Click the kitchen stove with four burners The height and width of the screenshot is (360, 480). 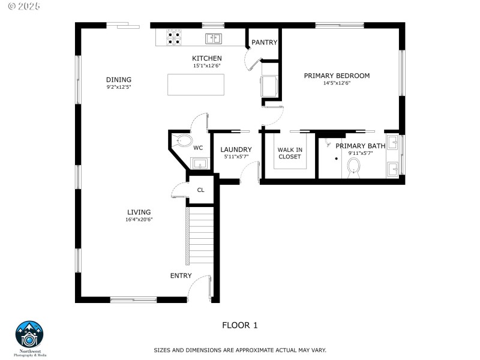pyautogui.click(x=175, y=38)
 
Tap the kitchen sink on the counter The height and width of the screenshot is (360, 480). pyautogui.click(x=213, y=39)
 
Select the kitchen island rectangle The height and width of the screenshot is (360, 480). pyautogui.click(x=196, y=85)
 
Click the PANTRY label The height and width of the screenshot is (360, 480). pyautogui.click(x=264, y=43)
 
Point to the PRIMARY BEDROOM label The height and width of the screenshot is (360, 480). pyautogui.click(x=337, y=76)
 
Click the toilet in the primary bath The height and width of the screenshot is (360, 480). pyautogui.click(x=353, y=166)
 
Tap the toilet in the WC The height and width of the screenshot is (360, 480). pyautogui.click(x=184, y=142)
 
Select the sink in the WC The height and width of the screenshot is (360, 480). pyautogui.click(x=199, y=163)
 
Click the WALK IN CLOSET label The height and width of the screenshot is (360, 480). pyautogui.click(x=290, y=153)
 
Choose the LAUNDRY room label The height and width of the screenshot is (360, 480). pyautogui.click(x=236, y=149)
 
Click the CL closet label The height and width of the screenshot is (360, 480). pyautogui.click(x=200, y=190)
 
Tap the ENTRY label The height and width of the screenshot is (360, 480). pyautogui.click(x=181, y=276)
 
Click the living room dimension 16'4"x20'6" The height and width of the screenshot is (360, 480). pyautogui.click(x=139, y=220)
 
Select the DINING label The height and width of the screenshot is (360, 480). pyautogui.click(x=118, y=80)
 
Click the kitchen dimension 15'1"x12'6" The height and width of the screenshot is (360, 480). pyautogui.click(x=206, y=66)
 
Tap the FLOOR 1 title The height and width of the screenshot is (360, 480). pyautogui.click(x=239, y=325)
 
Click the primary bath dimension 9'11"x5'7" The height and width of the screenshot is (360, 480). pyautogui.click(x=360, y=153)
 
